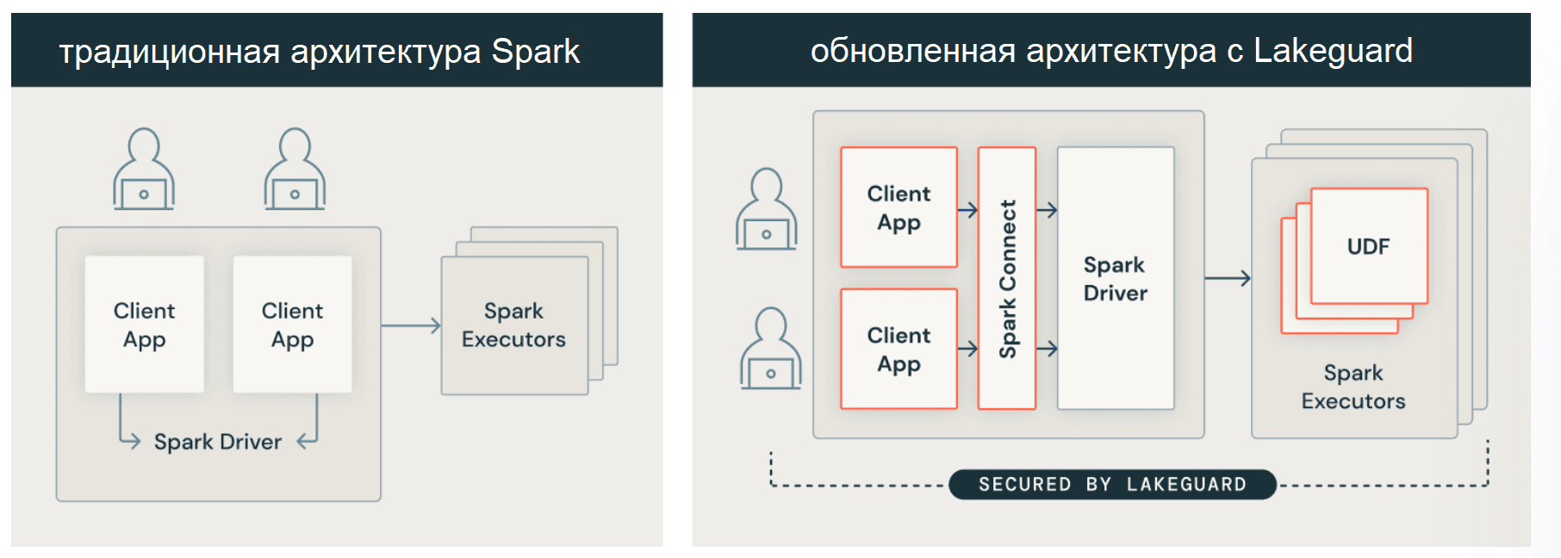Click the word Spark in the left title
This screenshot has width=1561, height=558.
pyautogui.click(x=535, y=52)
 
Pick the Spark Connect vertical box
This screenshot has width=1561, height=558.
pyautogui.click(x=1006, y=277)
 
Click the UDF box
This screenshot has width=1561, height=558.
pyautogui.click(x=1368, y=246)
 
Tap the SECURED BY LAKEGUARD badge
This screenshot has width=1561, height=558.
pyautogui.click(x=1111, y=484)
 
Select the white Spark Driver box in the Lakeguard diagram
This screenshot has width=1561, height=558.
pyautogui.click(x=1115, y=278)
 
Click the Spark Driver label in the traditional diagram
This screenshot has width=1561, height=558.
pyautogui.click(x=217, y=442)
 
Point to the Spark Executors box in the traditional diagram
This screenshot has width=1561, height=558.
pyautogui.click(x=513, y=325)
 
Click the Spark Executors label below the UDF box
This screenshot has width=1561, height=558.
pyautogui.click(x=1353, y=387)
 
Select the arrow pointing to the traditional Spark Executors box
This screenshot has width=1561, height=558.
pyautogui.click(x=410, y=325)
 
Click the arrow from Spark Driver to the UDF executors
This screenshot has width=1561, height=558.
pyautogui.click(x=1227, y=278)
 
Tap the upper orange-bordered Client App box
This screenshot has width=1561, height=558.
pyautogui.click(x=899, y=208)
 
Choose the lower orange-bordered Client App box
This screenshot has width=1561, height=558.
pyautogui.click(x=899, y=349)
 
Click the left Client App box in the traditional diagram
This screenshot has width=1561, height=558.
pyautogui.click(x=144, y=324)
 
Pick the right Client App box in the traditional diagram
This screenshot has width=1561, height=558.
pyautogui.click(x=292, y=324)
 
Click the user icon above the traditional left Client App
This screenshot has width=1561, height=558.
pyautogui.click(x=144, y=170)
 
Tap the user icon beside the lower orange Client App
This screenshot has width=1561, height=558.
pyautogui.click(x=770, y=349)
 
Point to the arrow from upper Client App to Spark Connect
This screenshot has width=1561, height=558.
pyautogui.click(x=967, y=210)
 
